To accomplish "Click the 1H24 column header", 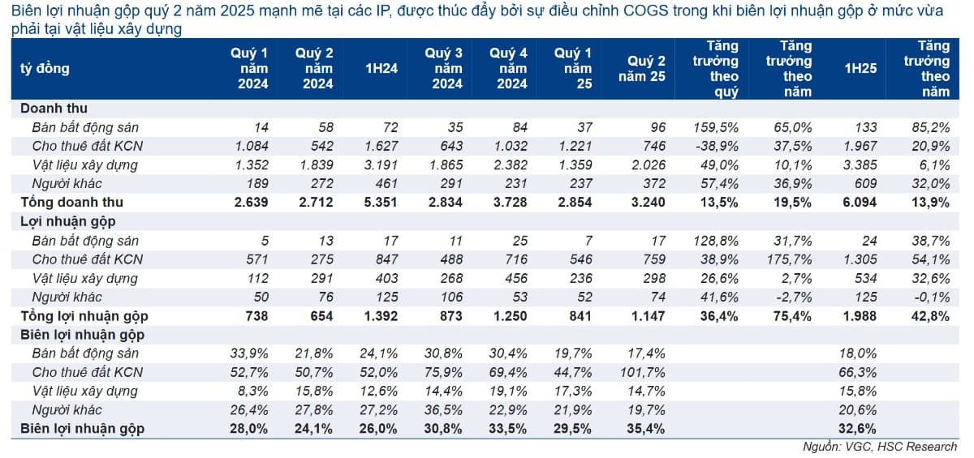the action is (x=381, y=69).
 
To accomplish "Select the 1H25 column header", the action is (x=860, y=69).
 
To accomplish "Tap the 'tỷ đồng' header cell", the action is (x=45, y=69).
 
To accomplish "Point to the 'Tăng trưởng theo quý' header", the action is (x=716, y=69).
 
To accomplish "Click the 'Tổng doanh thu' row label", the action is (x=71, y=203).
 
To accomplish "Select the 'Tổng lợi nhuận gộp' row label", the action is (x=84, y=316).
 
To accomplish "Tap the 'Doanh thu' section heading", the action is (x=54, y=108).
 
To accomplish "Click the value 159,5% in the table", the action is (x=716, y=127).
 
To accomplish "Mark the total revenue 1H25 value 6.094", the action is (x=860, y=203).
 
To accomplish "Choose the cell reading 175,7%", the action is (x=789, y=259).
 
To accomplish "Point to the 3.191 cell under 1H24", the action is (x=381, y=165).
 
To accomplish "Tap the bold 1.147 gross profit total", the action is (x=648, y=316).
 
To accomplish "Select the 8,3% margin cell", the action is (x=253, y=392).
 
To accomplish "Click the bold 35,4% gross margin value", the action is (x=646, y=429).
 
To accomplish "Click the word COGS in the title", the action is (x=646, y=11).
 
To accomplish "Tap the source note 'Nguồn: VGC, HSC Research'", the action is (x=880, y=447).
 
